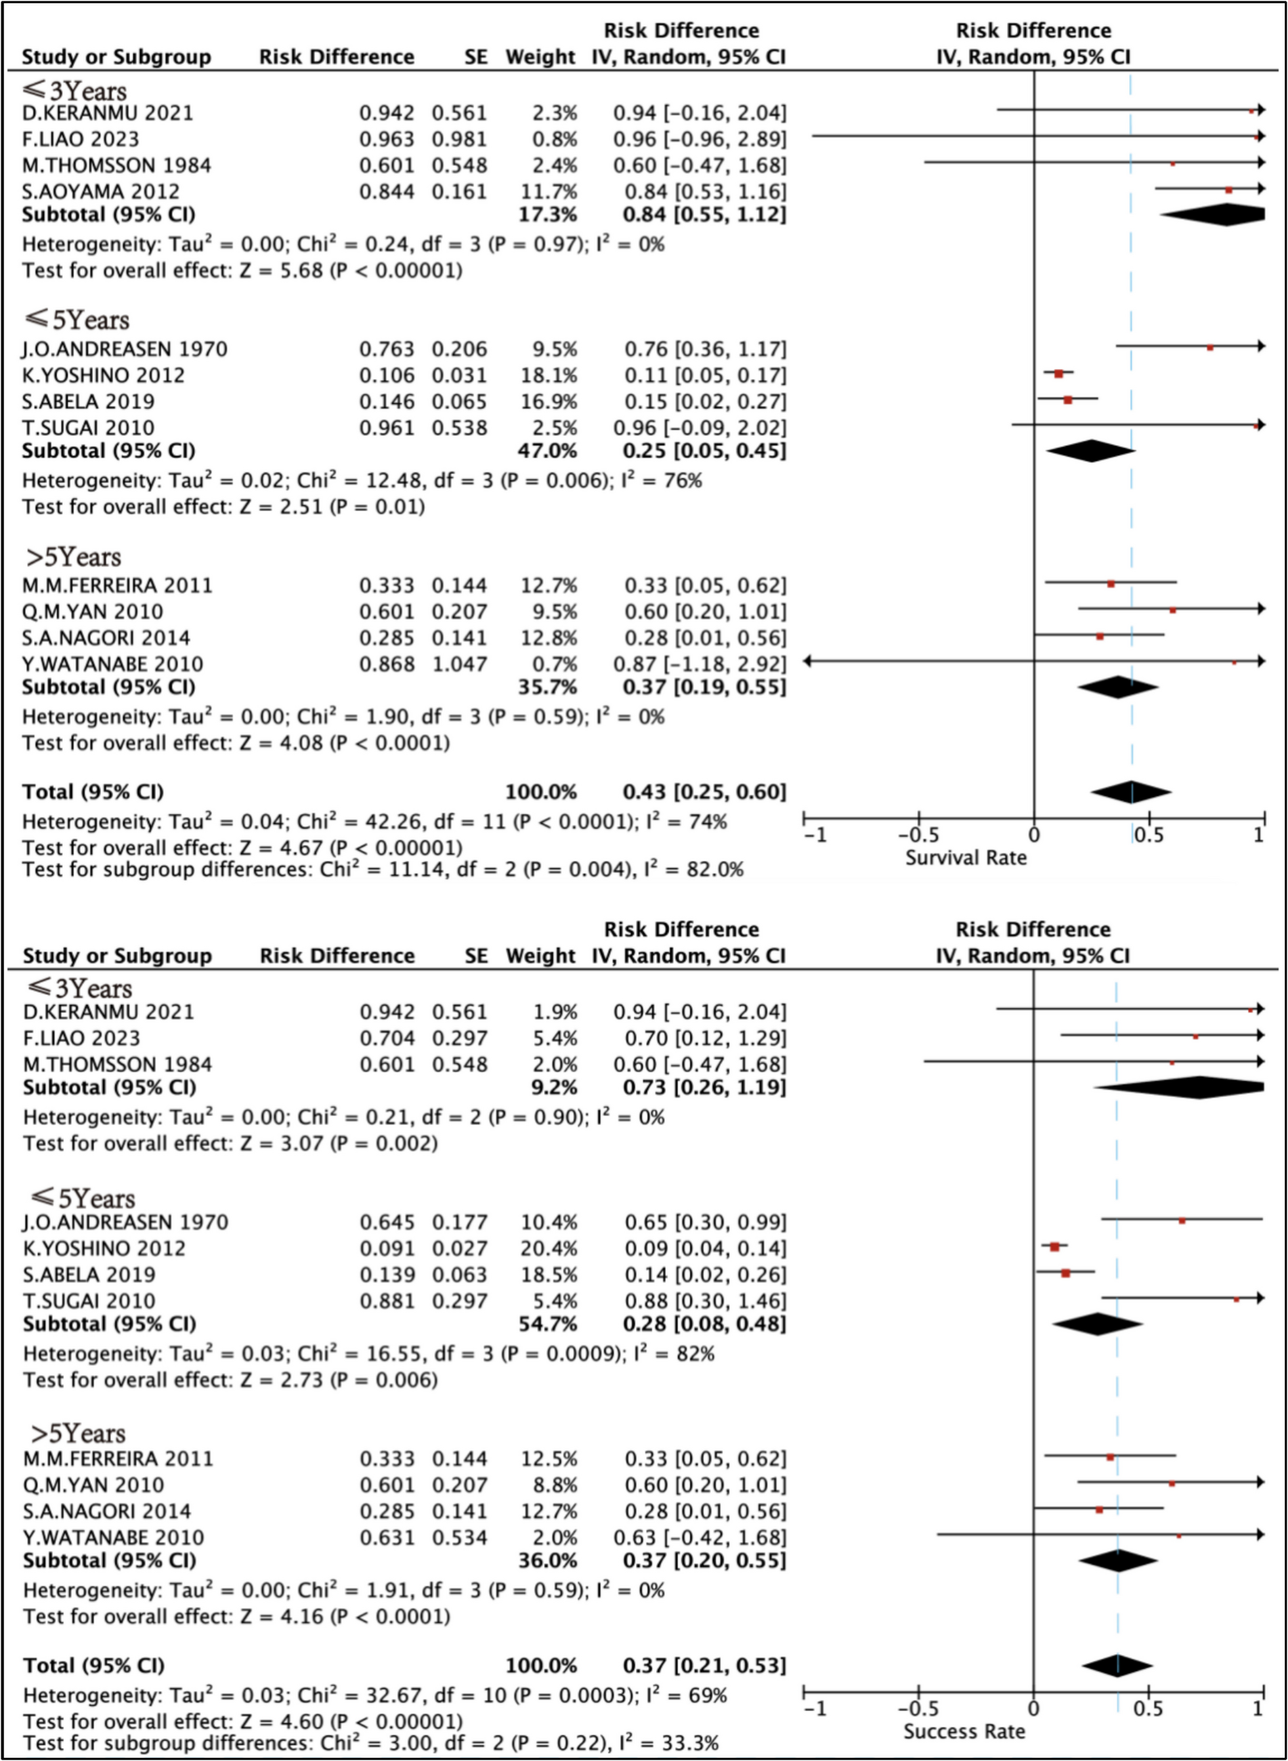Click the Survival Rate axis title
click(x=965, y=858)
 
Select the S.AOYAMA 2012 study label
click(x=101, y=191)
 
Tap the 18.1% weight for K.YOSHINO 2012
click(x=549, y=375)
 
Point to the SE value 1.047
click(x=459, y=664)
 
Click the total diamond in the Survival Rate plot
click(x=1130, y=792)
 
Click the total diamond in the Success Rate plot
click(x=1117, y=1665)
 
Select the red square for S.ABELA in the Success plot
click(x=1066, y=1273)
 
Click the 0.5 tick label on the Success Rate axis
click(x=1149, y=1710)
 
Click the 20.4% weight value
click(x=549, y=1248)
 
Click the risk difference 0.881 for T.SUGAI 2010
click(x=387, y=1300)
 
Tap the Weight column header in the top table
click(x=540, y=57)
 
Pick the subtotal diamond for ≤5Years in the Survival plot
click(x=1091, y=451)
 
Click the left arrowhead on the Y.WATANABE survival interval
click(x=808, y=661)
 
